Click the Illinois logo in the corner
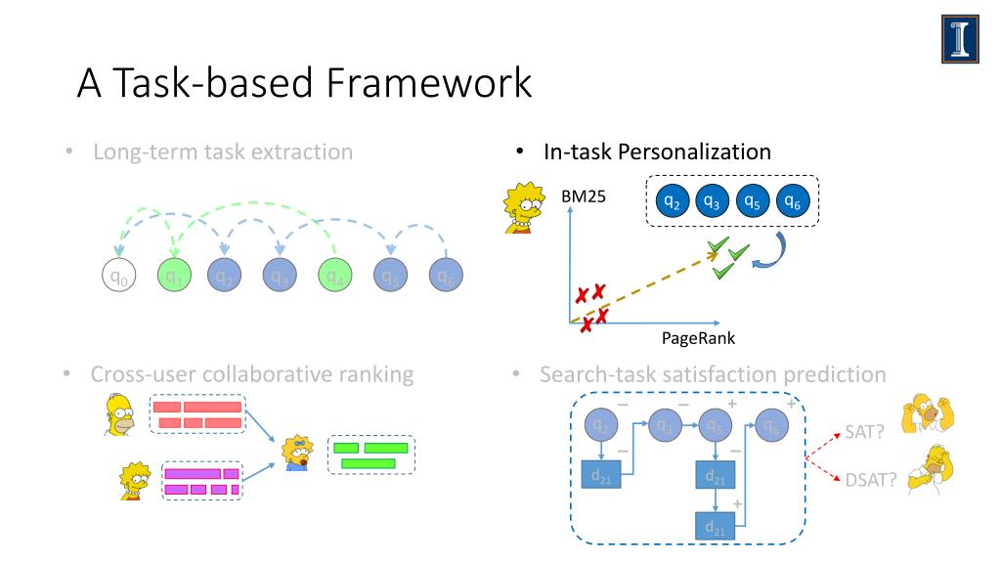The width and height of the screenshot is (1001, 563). pos(960,39)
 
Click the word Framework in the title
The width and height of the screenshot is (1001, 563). pos(429,83)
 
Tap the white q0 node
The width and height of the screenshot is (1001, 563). pos(117,276)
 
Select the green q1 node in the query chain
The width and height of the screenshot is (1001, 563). pos(173,276)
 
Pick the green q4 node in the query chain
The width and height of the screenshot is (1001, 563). pos(335,276)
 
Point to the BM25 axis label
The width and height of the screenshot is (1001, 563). pos(584,196)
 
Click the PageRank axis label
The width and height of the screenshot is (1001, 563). pos(698,338)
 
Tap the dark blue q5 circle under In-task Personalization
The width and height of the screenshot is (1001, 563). pos(751,201)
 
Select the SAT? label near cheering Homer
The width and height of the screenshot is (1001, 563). pos(864,432)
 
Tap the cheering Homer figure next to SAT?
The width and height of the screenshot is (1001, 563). pos(928,413)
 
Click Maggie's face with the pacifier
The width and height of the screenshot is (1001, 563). pos(297,451)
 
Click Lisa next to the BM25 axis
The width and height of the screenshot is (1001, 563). pos(522,208)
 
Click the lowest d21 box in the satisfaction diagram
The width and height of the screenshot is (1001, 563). pos(715,527)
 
